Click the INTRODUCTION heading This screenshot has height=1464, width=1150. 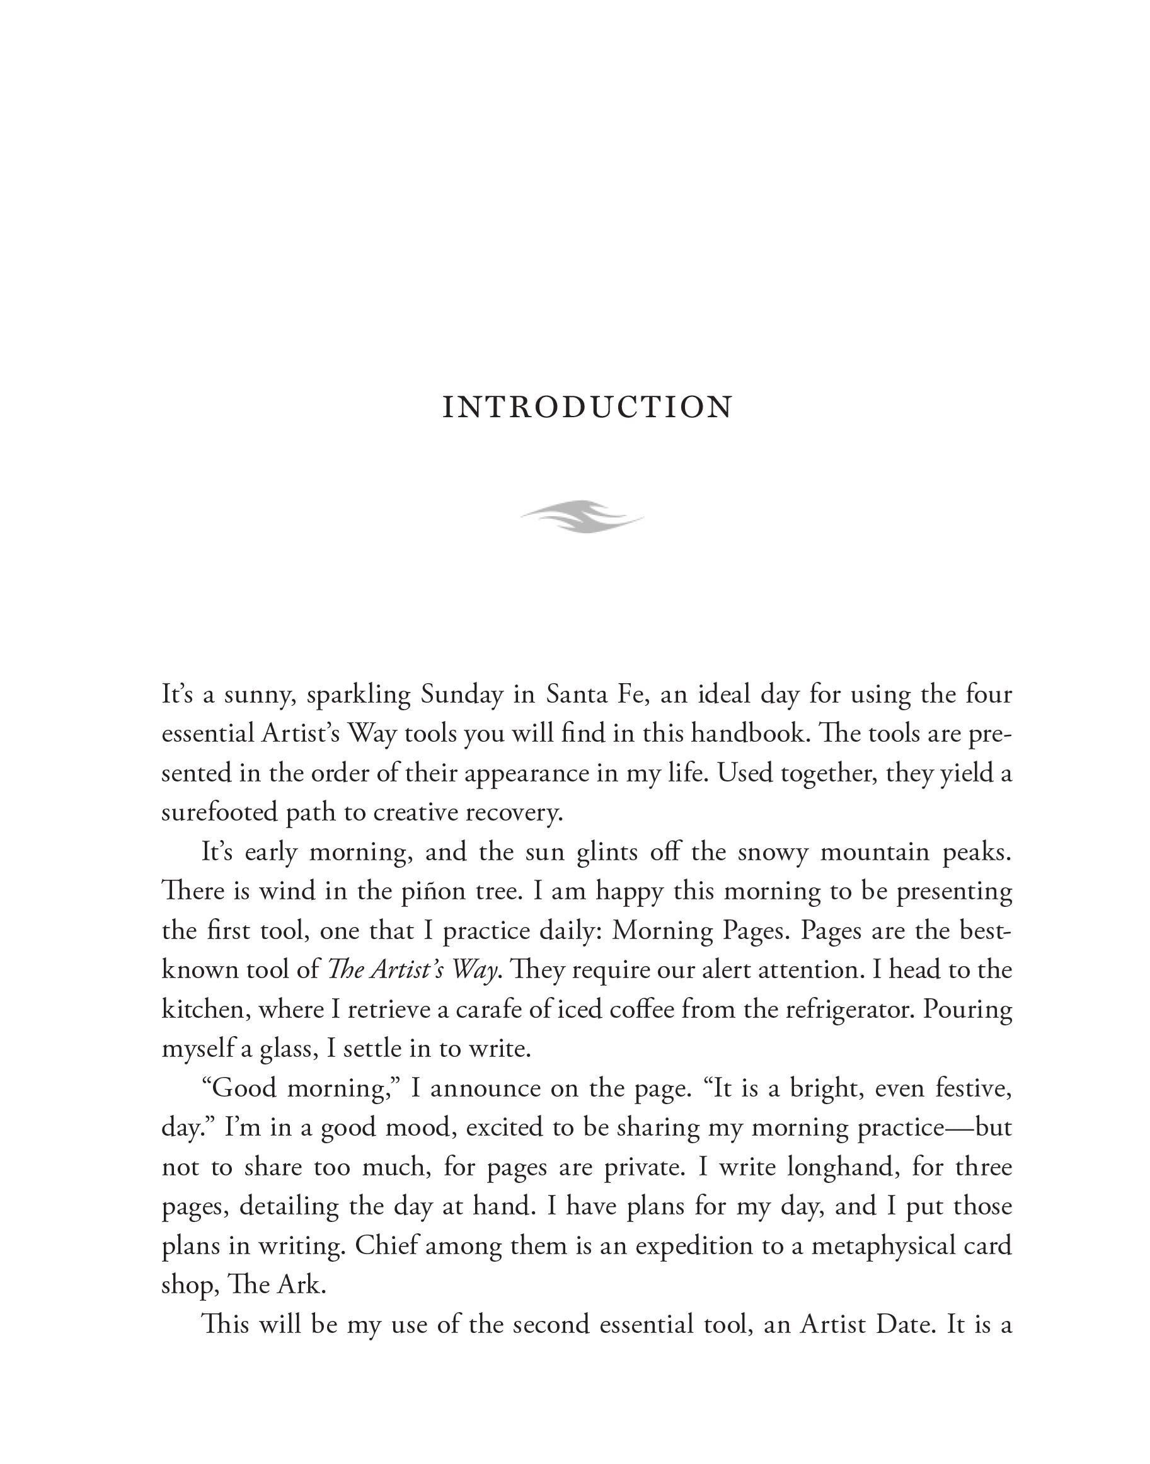pyautogui.click(x=587, y=406)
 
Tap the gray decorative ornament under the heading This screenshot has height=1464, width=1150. pyautogui.click(x=582, y=517)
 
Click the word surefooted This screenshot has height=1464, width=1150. pyautogui.click(x=218, y=813)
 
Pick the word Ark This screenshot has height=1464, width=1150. pyautogui.click(x=301, y=1285)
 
